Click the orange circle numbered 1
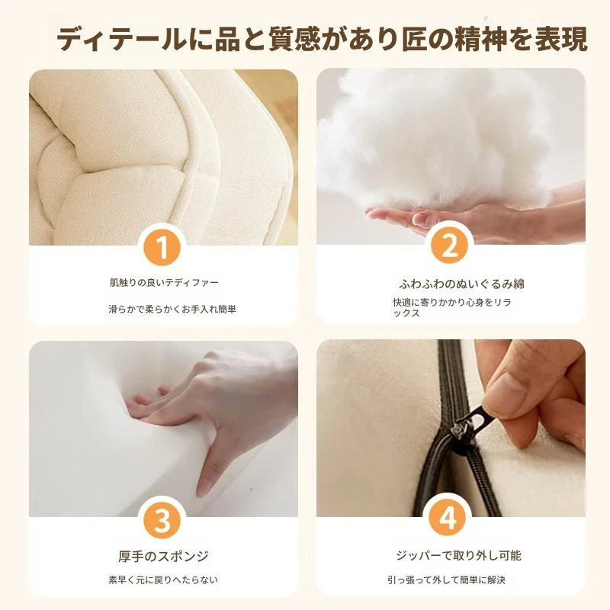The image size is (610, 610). [162, 247]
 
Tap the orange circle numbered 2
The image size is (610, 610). [449, 246]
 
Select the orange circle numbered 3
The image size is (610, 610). [162, 520]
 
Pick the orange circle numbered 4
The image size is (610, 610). [448, 518]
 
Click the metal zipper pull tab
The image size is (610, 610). [468, 423]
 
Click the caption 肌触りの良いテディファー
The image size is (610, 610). [164, 282]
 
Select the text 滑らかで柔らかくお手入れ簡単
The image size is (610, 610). [172, 310]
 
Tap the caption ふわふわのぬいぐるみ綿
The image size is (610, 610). [461, 284]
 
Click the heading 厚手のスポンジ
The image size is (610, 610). [163, 557]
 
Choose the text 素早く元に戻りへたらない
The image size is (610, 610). [163, 580]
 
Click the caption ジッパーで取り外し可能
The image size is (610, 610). [458, 556]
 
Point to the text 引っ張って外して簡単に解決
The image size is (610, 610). [446, 580]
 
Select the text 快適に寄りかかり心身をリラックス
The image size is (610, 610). [451, 308]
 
